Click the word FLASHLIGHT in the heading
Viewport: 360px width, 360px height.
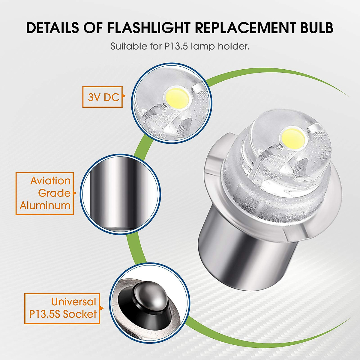[147, 28]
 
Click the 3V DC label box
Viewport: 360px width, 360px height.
[103, 97]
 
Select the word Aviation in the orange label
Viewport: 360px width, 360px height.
[50, 181]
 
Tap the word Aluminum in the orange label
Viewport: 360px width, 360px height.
[45, 205]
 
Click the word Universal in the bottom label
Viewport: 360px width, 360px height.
[73, 301]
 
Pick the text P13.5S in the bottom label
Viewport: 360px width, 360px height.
[44, 314]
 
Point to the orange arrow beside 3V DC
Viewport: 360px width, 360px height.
[124, 97]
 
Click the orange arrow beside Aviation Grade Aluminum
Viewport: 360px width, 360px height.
[75, 193]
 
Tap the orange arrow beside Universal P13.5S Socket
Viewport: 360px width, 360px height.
[102, 308]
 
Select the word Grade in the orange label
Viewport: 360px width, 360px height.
[54, 193]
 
